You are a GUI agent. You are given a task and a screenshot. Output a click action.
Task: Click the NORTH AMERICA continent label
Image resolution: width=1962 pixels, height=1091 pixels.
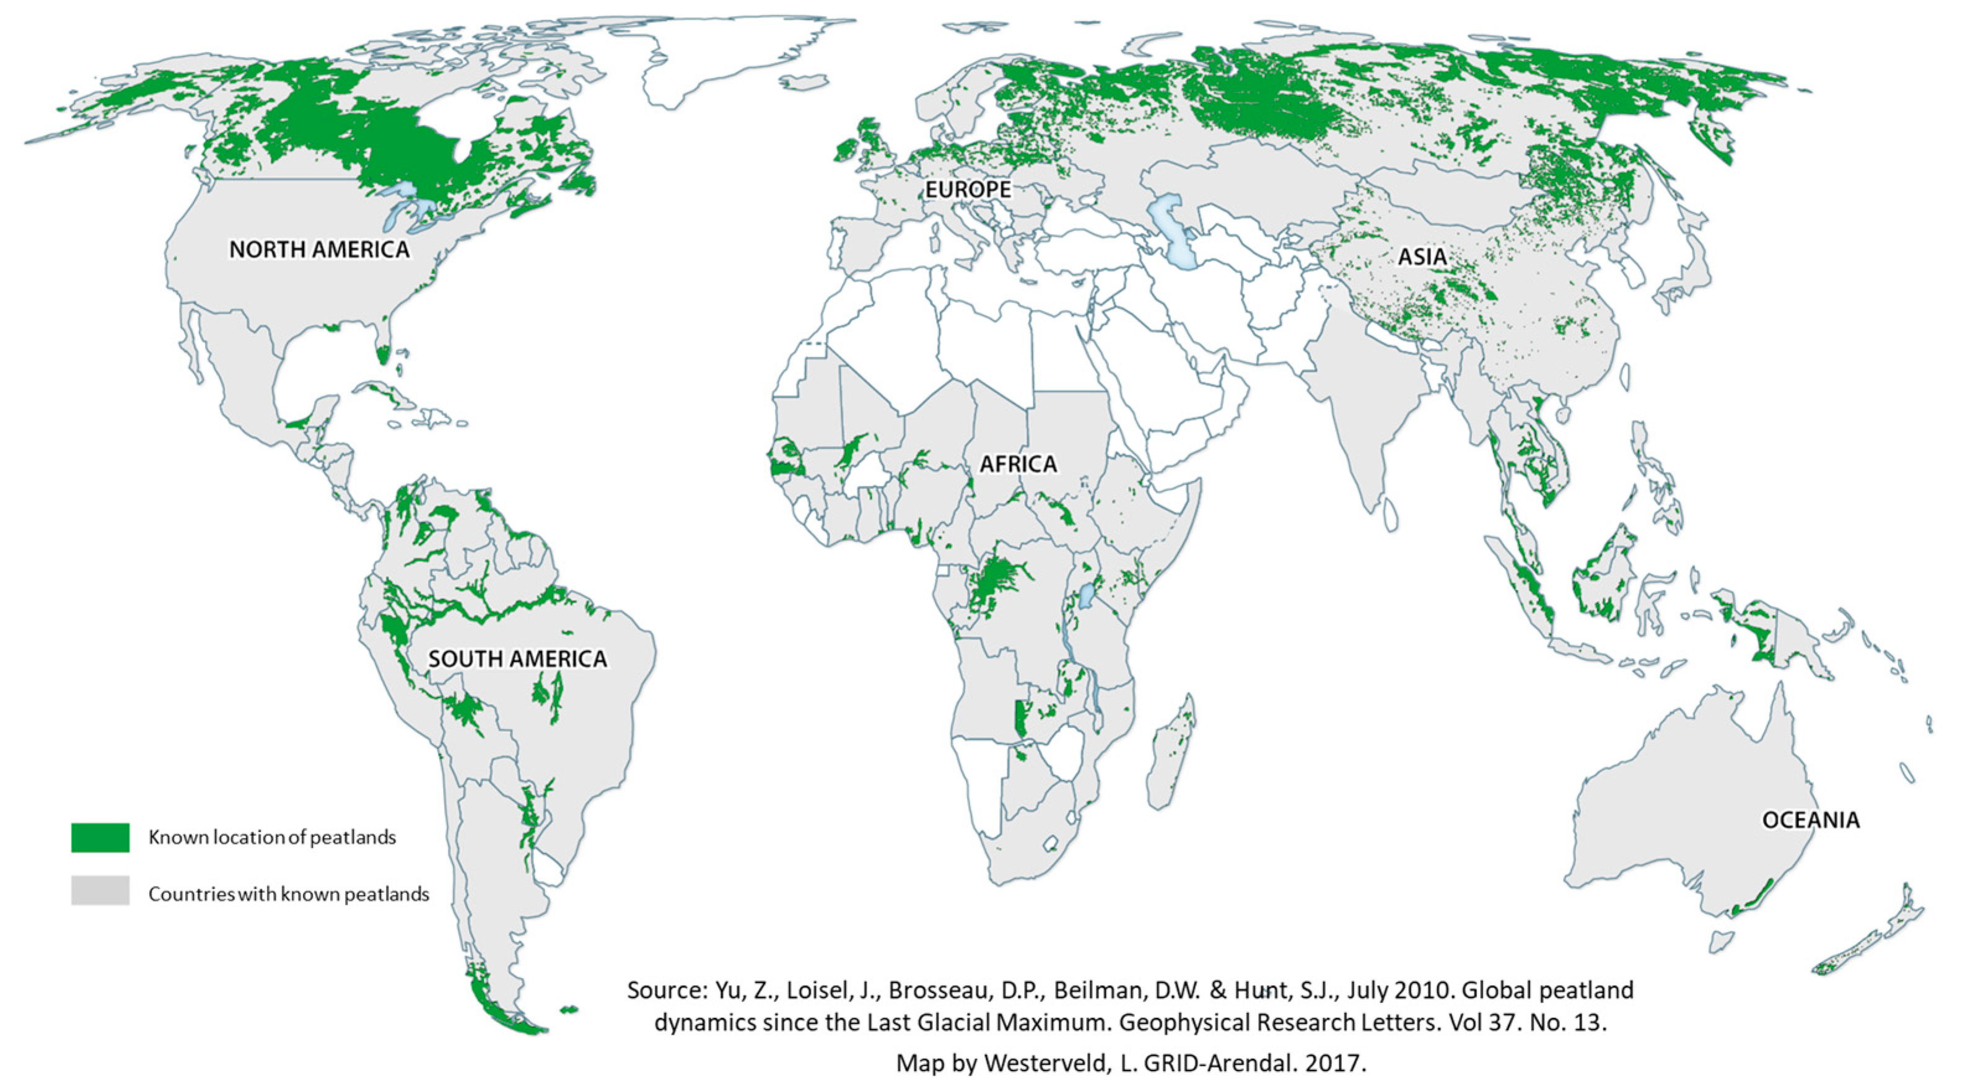point(319,249)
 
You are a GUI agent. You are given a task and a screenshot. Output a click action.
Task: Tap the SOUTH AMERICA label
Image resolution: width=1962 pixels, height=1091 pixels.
point(517,659)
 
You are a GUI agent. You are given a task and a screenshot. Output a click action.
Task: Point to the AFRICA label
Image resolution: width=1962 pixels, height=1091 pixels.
point(1018,463)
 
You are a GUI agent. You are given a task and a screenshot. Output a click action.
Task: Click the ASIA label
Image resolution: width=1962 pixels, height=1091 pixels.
point(1422,256)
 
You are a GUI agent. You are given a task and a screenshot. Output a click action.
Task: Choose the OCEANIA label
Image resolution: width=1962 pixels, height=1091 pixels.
point(1810,820)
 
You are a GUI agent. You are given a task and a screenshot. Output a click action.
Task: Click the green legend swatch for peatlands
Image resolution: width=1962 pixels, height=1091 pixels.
point(100,837)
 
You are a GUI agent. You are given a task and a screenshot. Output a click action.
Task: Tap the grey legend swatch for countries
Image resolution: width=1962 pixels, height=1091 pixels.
point(100,891)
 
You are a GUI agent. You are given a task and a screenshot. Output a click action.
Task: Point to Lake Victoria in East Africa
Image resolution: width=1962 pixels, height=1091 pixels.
point(1087,596)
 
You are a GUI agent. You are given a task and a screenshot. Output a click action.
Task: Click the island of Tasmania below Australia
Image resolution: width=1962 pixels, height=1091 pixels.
point(1720,942)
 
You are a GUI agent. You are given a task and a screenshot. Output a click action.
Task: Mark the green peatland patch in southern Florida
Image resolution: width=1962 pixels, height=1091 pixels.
point(383,354)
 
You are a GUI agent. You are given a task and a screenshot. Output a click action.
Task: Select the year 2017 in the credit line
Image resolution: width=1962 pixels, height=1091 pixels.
point(1332,1063)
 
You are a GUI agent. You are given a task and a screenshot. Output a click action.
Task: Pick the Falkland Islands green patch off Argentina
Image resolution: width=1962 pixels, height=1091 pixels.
point(568,1010)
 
